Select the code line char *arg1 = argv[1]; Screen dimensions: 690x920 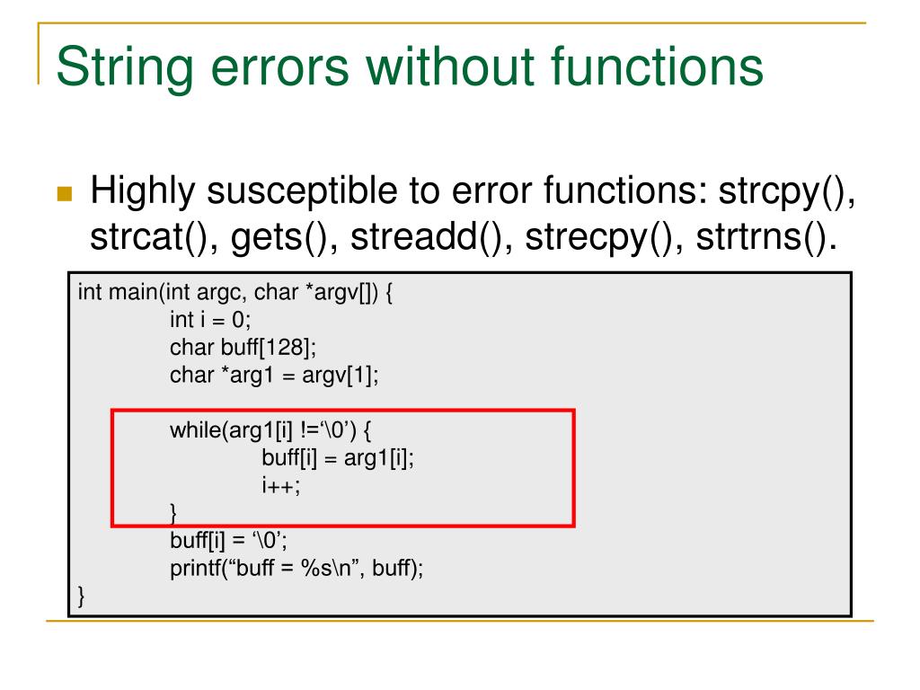pyautogui.click(x=274, y=375)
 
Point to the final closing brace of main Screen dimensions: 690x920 pyautogui.click(x=82, y=595)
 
